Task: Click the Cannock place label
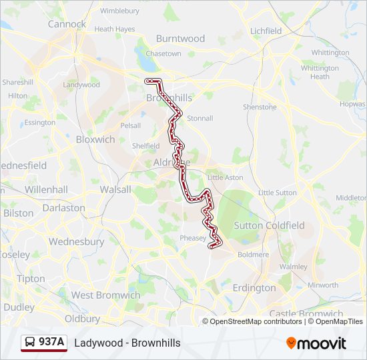(x=67, y=24)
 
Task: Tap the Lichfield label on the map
(x=266, y=31)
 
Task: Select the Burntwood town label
(x=180, y=39)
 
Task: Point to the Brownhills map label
(x=169, y=98)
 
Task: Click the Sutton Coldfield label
(x=269, y=225)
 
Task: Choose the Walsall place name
(x=115, y=189)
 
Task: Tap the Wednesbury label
(x=76, y=242)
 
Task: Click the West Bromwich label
(x=105, y=295)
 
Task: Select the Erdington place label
(x=254, y=288)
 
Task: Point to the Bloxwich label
(x=95, y=139)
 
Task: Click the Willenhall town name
(x=46, y=189)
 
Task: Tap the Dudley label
(x=19, y=307)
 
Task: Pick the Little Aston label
(x=226, y=178)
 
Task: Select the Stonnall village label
(x=200, y=119)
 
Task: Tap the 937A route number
(x=52, y=343)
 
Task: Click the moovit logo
(x=316, y=343)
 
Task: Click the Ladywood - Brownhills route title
(x=127, y=343)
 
